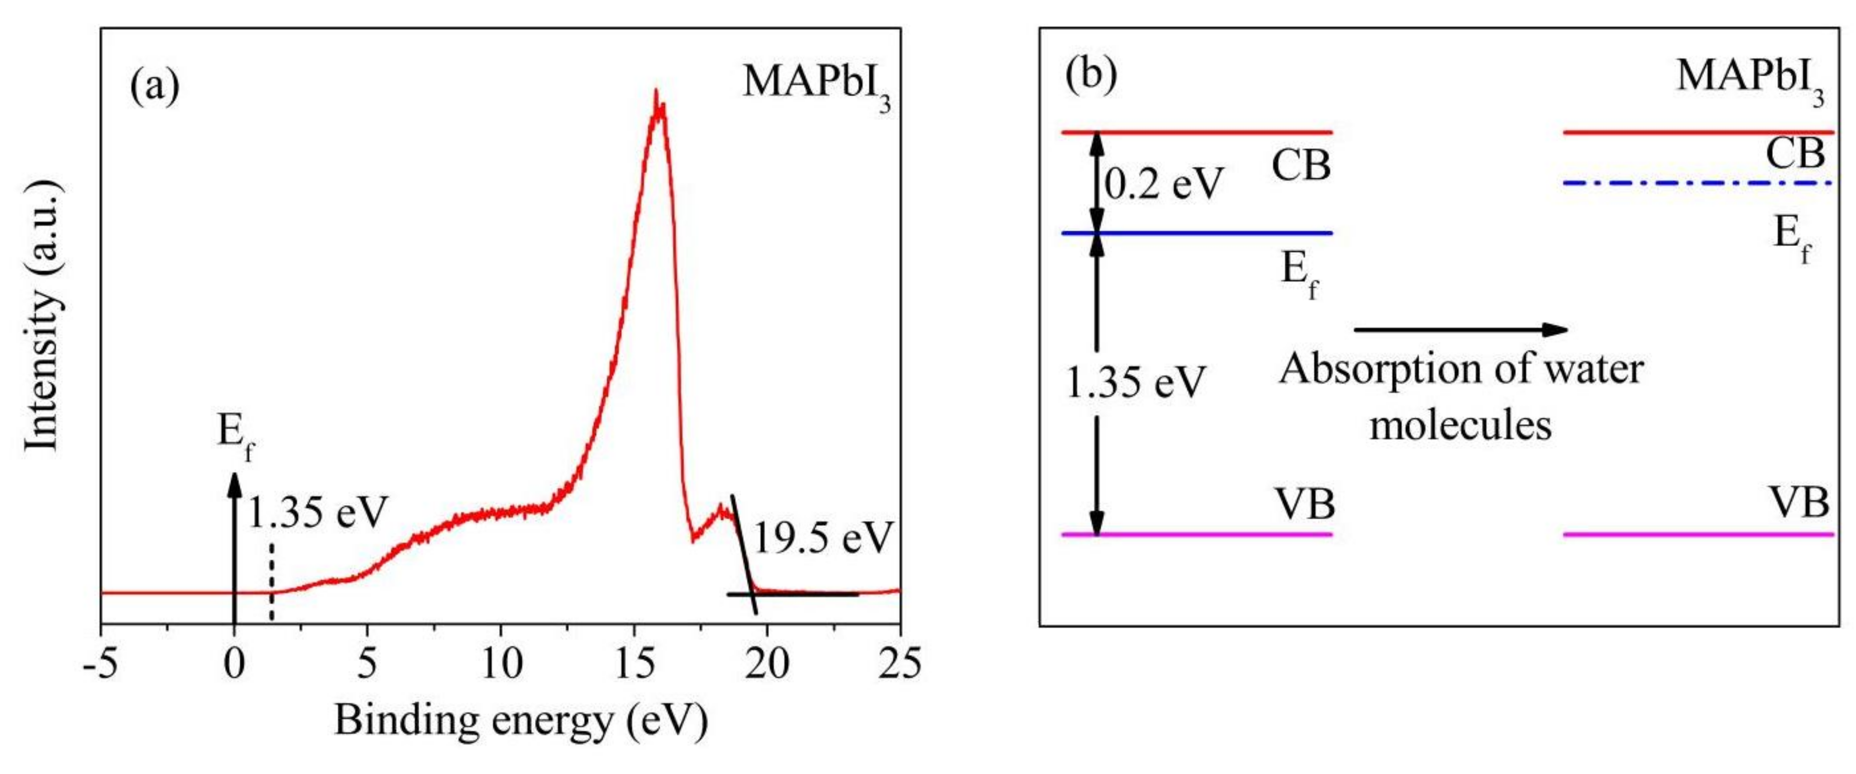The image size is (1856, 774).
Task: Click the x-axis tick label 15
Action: click(633, 663)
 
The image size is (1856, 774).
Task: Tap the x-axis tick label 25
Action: click(900, 663)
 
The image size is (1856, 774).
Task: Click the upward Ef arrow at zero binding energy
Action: click(234, 548)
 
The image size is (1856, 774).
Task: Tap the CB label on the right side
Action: click(1795, 154)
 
